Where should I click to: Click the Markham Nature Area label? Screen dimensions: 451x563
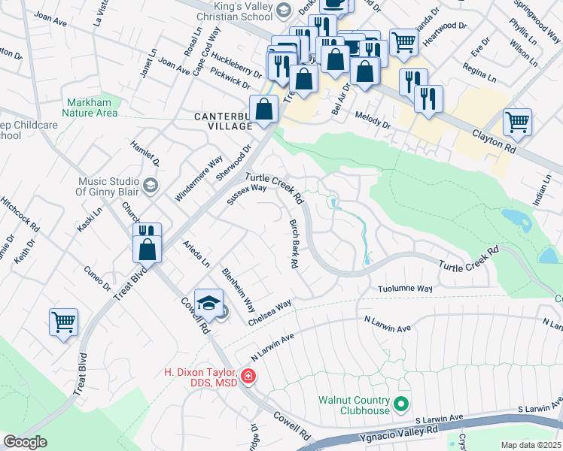(93, 107)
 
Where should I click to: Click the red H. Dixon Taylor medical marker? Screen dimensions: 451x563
(248, 376)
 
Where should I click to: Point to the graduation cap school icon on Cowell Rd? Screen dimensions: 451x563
(208, 303)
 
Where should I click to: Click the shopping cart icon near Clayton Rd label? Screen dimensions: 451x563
(517, 122)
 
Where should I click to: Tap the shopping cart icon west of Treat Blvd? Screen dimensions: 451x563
(64, 322)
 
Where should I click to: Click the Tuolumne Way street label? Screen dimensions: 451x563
(404, 289)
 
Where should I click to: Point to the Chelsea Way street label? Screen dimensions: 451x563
(270, 312)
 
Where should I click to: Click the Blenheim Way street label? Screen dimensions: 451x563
(238, 290)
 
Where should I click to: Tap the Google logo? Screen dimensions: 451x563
(25, 442)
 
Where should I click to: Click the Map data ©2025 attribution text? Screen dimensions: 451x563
(531, 445)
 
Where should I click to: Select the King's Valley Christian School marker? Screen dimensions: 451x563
(284, 10)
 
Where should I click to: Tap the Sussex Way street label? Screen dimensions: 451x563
(248, 195)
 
